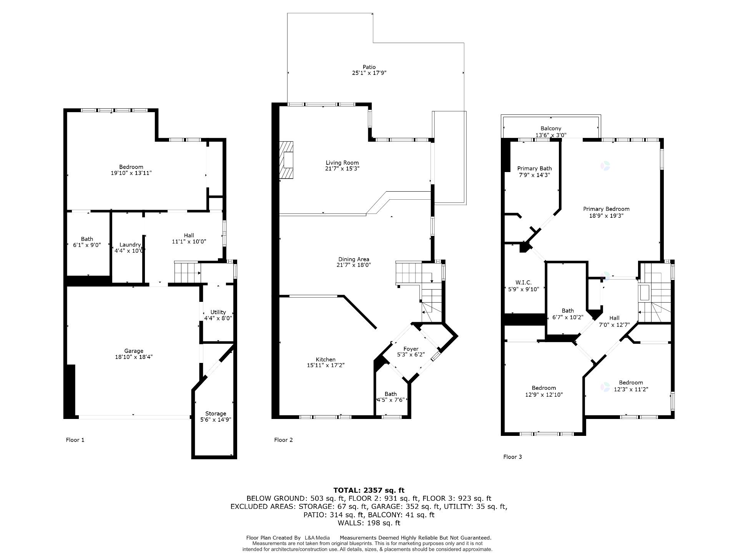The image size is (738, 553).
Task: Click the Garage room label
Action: pos(133,351)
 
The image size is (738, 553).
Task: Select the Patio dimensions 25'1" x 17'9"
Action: pos(369,73)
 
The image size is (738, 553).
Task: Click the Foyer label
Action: pos(411,349)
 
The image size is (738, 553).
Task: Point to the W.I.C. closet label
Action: pos(524,282)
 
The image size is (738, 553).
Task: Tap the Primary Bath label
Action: pos(534,168)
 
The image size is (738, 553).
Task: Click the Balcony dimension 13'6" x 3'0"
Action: pos(551,135)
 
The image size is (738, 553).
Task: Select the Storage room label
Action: pos(215,414)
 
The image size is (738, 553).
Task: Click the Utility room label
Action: pos(218,312)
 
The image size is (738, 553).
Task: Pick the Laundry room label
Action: pos(130,245)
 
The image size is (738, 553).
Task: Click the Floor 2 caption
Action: pos(283,440)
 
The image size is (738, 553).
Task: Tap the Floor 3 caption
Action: pos(512,457)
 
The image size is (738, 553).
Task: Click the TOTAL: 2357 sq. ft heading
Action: pos(369,490)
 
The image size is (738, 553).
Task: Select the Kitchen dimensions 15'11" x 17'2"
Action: pos(326,366)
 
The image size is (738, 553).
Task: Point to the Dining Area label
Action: pos(354,259)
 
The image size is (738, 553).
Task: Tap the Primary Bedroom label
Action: pos(606,209)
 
